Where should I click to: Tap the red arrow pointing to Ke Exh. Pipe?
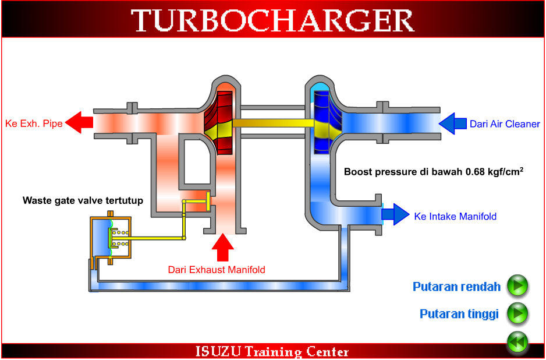pos(79,123)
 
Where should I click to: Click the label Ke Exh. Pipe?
pos(33,123)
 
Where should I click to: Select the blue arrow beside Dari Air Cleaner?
pos(452,123)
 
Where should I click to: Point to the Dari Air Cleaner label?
pos(505,124)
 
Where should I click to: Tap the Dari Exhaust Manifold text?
pos(217,270)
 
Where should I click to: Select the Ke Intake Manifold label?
pos(455,216)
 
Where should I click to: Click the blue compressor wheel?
pos(324,122)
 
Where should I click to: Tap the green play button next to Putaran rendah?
pos(517,286)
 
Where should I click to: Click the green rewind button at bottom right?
pos(517,342)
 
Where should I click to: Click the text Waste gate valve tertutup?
pos(83,200)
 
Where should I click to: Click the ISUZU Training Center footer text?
pos(272,352)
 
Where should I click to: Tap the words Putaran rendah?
pos(456,287)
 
